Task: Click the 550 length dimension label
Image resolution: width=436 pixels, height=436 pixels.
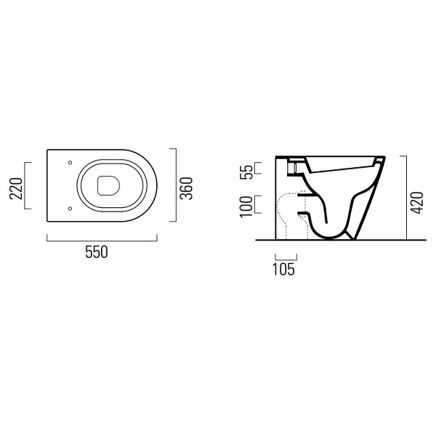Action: point(96,252)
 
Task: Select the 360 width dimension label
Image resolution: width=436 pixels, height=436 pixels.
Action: point(186,188)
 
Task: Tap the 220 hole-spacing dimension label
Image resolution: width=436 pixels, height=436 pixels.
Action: point(16,188)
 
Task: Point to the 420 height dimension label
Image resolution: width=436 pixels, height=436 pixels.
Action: point(417,203)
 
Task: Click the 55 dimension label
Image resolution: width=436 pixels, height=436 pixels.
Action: point(246,172)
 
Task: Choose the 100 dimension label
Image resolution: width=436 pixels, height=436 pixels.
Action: point(246,206)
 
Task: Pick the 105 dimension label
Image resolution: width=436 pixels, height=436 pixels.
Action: point(283,270)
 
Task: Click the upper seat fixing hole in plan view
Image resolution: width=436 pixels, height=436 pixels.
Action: point(70,162)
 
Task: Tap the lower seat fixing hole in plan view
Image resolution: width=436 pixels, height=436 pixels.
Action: point(70,209)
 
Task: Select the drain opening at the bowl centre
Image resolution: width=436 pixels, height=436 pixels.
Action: point(108,185)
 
